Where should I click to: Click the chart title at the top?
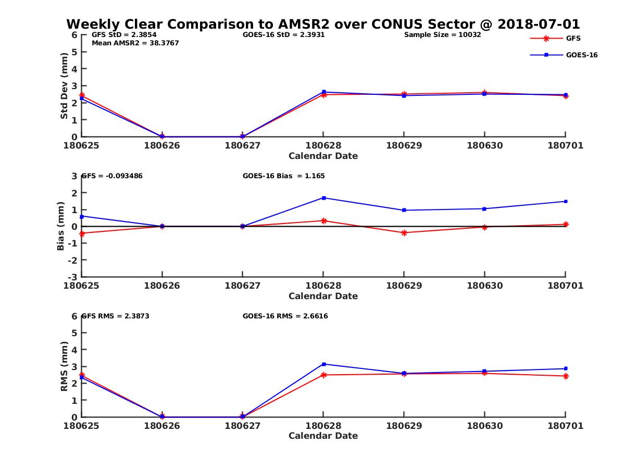pos(323,24)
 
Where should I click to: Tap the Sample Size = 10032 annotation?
pos(442,35)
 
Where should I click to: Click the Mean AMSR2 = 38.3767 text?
pos(135,43)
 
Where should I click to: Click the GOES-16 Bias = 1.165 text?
pos(284,176)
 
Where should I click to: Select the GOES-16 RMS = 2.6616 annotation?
pos(285,316)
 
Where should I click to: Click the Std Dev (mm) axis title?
pos(64,86)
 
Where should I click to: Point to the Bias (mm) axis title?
pos(61,226)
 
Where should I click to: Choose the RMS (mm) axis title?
pos(64,366)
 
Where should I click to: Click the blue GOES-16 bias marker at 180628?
pos(323,198)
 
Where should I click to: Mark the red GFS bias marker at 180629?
pos(404,233)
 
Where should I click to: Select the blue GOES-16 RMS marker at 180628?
pos(323,364)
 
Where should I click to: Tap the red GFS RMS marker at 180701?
pos(566,376)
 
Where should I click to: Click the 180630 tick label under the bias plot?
pos(484,286)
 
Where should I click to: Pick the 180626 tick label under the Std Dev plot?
pos(162,145)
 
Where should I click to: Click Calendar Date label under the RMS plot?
pos(323,436)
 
